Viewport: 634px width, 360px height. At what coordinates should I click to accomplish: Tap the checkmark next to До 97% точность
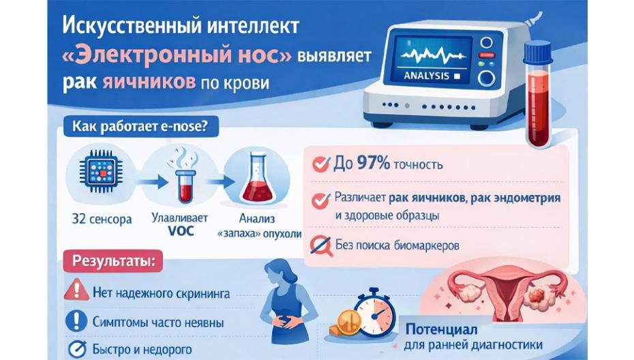319,164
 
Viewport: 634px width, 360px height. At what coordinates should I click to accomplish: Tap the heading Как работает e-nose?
136,126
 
